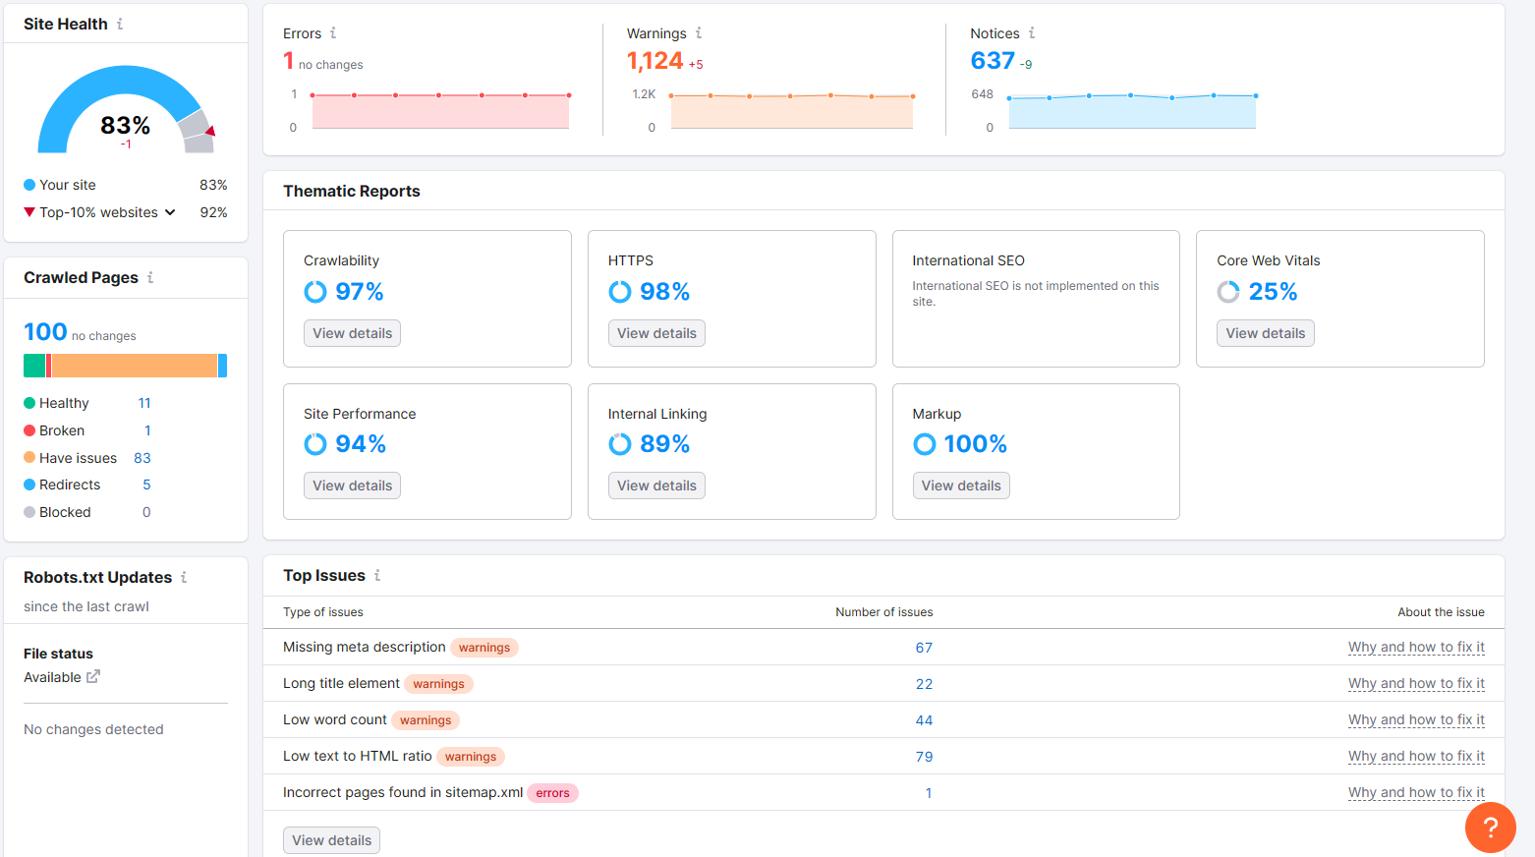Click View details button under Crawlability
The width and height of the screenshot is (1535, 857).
[352, 333]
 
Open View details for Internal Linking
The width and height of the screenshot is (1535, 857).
[656, 486]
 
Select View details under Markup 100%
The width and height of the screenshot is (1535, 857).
[960, 486]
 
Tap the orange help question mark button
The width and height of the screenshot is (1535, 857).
[1490, 828]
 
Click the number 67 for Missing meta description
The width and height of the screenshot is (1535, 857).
[924, 648]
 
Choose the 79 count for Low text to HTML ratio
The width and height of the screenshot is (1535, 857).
[924, 757]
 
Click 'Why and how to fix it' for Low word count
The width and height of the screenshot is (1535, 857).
[1416, 720]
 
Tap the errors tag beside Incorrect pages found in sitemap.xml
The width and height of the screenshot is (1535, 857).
[552, 793]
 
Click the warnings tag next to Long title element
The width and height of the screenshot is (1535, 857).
[438, 684]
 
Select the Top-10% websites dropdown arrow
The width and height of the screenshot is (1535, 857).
[170, 212]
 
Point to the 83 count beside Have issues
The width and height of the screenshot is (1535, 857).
[142, 458]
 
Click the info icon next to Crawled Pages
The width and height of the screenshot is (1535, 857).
[150, 278]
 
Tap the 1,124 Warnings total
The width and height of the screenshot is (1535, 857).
[654, 61]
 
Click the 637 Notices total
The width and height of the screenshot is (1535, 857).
[993, 61]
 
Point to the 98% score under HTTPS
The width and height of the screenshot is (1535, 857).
[664, 292]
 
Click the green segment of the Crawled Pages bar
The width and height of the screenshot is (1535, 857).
[34, 366]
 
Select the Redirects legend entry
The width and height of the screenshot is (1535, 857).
[70, 485]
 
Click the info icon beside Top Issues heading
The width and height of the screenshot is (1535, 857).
[377, 576]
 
